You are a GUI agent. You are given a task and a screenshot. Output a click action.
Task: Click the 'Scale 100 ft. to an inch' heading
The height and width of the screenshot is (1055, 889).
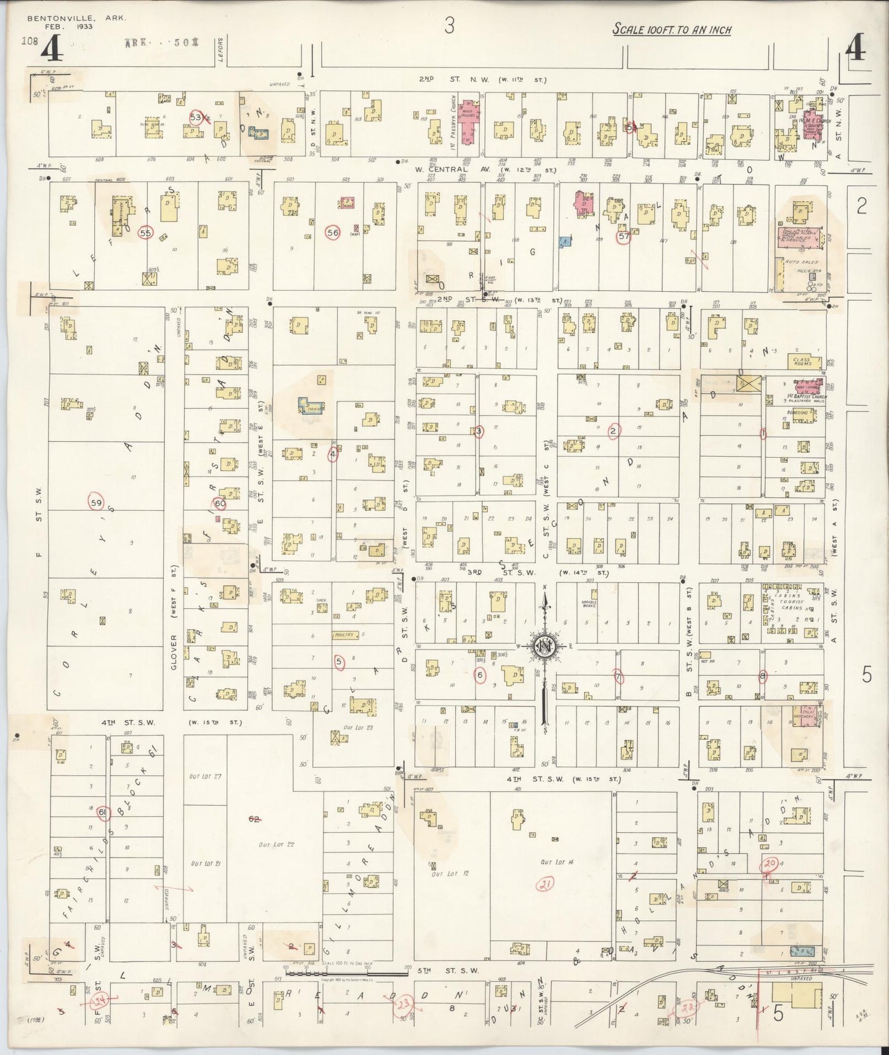click(x=672, y=29)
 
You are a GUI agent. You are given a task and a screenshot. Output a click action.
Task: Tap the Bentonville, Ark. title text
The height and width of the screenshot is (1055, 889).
click(x=76, y=18)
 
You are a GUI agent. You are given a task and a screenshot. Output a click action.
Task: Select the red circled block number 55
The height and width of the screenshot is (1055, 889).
click(x=145, y=233)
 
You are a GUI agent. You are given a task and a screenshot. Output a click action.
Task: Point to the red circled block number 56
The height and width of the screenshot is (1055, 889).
click(x=333, y=233)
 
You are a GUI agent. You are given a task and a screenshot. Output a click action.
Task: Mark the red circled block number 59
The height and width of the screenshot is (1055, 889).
click(x=95, y=502)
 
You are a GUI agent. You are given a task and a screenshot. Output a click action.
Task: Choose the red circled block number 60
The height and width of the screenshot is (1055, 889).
click(x=220, y=503)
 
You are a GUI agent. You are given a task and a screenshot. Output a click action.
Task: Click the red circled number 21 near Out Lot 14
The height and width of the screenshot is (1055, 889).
click(x=545, y=885)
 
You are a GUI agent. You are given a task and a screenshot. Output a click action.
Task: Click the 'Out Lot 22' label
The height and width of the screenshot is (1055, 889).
click(x=276, y=844)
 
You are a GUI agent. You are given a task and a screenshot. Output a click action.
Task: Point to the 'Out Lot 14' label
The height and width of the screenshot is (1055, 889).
click(x=554, y=862)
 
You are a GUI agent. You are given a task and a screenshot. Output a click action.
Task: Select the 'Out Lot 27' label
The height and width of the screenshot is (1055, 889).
click(x=205, y=777)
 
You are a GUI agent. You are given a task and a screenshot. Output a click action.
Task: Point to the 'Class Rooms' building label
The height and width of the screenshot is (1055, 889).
click(x=802, y=362)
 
